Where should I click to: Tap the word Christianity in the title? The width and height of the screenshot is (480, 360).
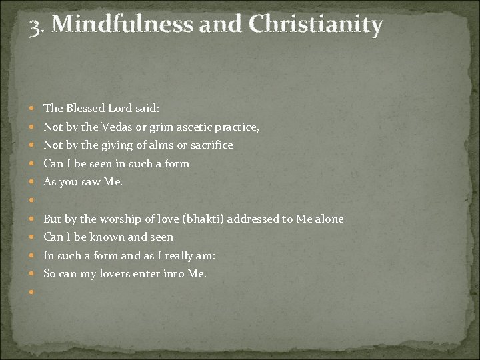click(317, 25)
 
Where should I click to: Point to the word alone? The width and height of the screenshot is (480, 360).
click(326, 219)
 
